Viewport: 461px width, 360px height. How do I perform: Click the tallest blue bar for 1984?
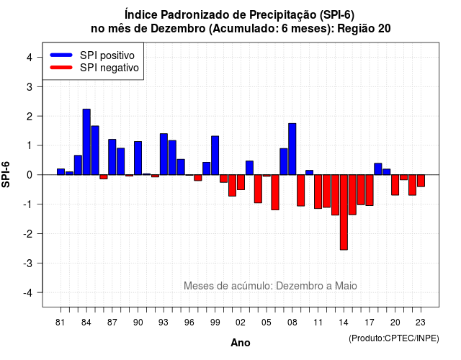coord(86,142)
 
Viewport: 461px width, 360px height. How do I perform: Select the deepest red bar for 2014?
coord(344,212)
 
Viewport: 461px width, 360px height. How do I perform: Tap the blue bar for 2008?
coord(292,149)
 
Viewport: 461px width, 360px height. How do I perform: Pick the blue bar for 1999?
coord(215,156)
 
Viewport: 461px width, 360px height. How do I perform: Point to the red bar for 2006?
coord(275,192)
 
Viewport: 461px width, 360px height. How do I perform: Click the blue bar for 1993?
coord(164,154)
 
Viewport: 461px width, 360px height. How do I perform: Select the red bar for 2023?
coord(421,181)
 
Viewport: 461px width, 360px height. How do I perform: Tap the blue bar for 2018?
coord(378,169)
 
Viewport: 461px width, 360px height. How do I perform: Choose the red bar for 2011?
coord(318,192)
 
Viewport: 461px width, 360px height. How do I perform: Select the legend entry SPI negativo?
coord(94,68)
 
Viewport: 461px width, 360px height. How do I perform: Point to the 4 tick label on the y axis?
coord(30,58)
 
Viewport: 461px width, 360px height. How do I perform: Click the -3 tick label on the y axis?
coord(27,263)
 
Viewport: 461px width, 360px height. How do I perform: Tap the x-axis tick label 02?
coord(241,323)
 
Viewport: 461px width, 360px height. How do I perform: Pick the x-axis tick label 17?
coord(370,323)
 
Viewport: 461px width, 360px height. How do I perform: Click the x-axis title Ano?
coord(241,343)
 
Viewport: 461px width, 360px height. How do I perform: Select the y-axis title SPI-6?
coord(6,174)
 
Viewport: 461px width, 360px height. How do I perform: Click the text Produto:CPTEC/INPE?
coord(394,338)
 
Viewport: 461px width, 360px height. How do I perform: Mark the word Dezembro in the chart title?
coord(178,29)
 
